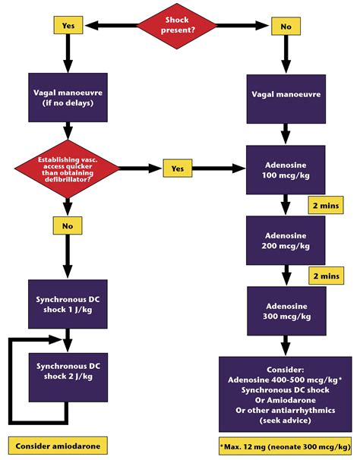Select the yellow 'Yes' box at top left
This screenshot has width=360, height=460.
pos(67,24)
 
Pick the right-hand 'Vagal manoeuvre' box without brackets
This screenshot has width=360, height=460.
pos(285,96)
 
